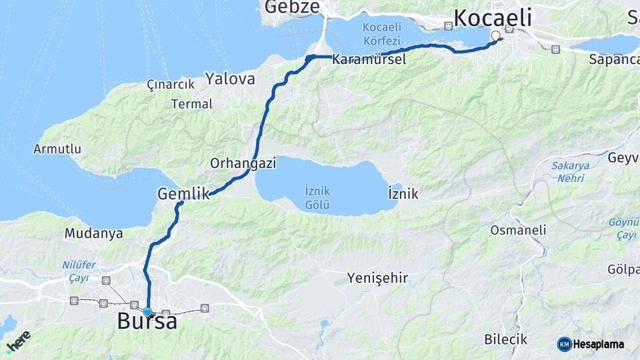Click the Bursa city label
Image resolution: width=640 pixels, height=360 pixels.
(147, 322)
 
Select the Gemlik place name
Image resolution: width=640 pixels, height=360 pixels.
(183, 194)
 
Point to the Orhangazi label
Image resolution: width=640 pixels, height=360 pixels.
(239, 163)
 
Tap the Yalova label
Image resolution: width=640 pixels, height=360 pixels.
(230, 79)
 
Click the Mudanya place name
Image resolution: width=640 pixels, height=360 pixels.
(93, 233)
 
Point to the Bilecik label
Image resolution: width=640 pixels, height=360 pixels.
(505, 339)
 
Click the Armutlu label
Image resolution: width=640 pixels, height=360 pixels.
(57, 149)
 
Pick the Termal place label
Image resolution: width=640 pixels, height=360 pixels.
(192, 104)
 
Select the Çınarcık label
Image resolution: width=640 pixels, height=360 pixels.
(171, 85)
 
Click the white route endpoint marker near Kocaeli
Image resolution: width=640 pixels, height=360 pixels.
(495, 36)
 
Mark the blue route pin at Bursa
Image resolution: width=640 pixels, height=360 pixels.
(147, 311)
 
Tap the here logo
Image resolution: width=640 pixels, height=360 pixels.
(18, 341)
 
